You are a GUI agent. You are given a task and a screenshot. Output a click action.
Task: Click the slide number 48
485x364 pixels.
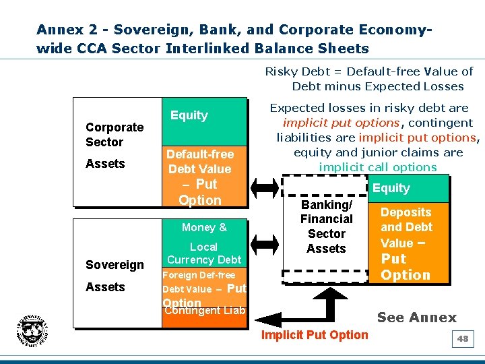point(463,339)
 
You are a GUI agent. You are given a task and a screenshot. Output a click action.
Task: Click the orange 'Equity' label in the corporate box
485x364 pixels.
point(189,115)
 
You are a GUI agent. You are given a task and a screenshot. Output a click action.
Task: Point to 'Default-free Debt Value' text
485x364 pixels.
point(200,162)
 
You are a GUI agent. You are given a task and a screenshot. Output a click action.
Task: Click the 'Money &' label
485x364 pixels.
point(204,228)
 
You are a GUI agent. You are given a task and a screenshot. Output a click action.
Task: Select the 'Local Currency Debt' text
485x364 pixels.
point(204,253)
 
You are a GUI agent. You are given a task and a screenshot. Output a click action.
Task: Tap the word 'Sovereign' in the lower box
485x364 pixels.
point(115,265)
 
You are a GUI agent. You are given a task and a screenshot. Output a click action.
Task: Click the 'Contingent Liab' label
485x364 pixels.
point(205,311)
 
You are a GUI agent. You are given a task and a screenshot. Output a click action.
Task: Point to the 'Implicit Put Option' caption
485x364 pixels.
point(315,335)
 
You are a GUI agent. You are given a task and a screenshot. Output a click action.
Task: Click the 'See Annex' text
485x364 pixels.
point(416,317)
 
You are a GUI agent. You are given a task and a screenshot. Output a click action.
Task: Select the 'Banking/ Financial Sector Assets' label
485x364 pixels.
point(326,226)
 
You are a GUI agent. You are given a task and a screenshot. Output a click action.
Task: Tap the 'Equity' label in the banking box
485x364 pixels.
point(391,188)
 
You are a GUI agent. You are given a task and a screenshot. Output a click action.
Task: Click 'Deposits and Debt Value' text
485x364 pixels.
point(406,227)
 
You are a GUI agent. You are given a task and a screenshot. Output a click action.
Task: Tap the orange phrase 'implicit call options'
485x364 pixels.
point(378,167)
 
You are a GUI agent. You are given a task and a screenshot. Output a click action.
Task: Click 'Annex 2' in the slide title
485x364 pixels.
point(69,30)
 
